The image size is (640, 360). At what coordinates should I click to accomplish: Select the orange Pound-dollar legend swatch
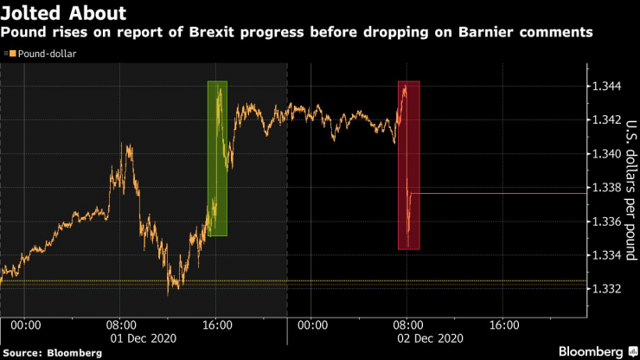(10, 54)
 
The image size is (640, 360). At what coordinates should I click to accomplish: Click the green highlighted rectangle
(217, 158)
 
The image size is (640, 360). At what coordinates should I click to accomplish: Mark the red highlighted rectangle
(409, 164)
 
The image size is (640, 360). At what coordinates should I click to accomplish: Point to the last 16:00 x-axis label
(504, 325)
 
